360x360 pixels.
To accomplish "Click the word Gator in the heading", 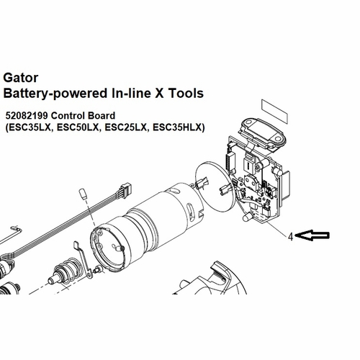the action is [21, 78].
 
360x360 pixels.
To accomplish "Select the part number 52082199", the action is [27, 116].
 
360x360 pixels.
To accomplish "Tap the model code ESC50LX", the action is [78, 127].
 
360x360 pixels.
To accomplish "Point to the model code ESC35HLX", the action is [177, 127].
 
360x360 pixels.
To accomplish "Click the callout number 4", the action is [291, 237].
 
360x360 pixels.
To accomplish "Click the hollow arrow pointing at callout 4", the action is [312, 235].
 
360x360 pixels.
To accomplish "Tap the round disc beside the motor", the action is [215, 186].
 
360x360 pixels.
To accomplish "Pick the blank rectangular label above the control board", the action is [274, 112].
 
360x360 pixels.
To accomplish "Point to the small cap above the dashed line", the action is [82, 194].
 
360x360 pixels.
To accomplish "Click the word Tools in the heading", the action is [186, 93].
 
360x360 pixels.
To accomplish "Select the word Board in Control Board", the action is [101, 116].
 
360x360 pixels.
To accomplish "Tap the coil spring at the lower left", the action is [66, 271].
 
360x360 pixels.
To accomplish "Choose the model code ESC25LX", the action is [125, 127].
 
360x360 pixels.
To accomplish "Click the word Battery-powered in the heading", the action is [55, 94].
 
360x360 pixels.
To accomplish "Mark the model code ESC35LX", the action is [30, 127].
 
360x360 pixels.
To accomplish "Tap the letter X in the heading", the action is [158, 93].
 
